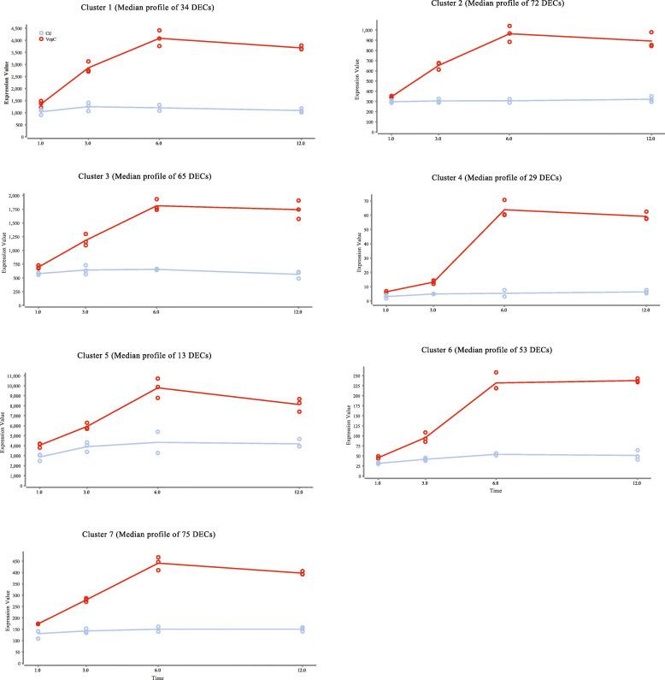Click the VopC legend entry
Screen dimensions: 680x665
(x=48, y=39)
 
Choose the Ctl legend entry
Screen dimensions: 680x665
(x=46, y=33)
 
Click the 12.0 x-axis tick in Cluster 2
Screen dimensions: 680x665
(x=651, y=139)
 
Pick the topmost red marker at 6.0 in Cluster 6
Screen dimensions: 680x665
(x=496, y=373)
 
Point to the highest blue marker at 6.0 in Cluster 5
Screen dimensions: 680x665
(x=157, y=432)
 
